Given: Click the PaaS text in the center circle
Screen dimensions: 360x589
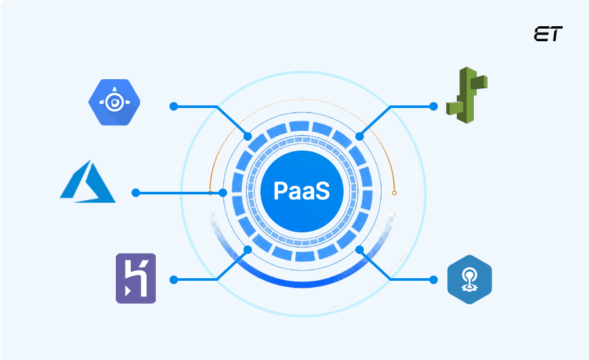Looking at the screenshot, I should point(300,192).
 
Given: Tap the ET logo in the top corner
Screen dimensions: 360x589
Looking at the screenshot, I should point(548,34).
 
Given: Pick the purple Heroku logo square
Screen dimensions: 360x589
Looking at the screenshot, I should point(135,278).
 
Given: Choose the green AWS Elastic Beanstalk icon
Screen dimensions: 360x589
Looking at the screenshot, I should point(466,92).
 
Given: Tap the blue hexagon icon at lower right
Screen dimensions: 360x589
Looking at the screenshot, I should point(469,280).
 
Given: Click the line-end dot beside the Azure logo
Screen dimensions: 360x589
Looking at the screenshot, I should point(135,193).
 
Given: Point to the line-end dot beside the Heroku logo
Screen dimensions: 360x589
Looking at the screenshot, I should point(173,279).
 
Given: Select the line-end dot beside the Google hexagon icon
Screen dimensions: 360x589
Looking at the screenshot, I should point(173,106).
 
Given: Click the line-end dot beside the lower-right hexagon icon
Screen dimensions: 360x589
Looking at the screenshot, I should point(433,279).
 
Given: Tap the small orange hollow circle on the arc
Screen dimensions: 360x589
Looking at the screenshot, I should point(394,193).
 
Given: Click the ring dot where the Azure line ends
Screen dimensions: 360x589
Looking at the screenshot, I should point(223,193).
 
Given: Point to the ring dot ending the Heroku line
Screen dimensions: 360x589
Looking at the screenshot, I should point(247,249).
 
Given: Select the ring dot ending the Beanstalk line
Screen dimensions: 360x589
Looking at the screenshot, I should point(359,136).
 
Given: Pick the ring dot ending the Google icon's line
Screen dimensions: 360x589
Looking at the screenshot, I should point(247,136).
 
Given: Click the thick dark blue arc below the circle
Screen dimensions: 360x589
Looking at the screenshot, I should point(302,281).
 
